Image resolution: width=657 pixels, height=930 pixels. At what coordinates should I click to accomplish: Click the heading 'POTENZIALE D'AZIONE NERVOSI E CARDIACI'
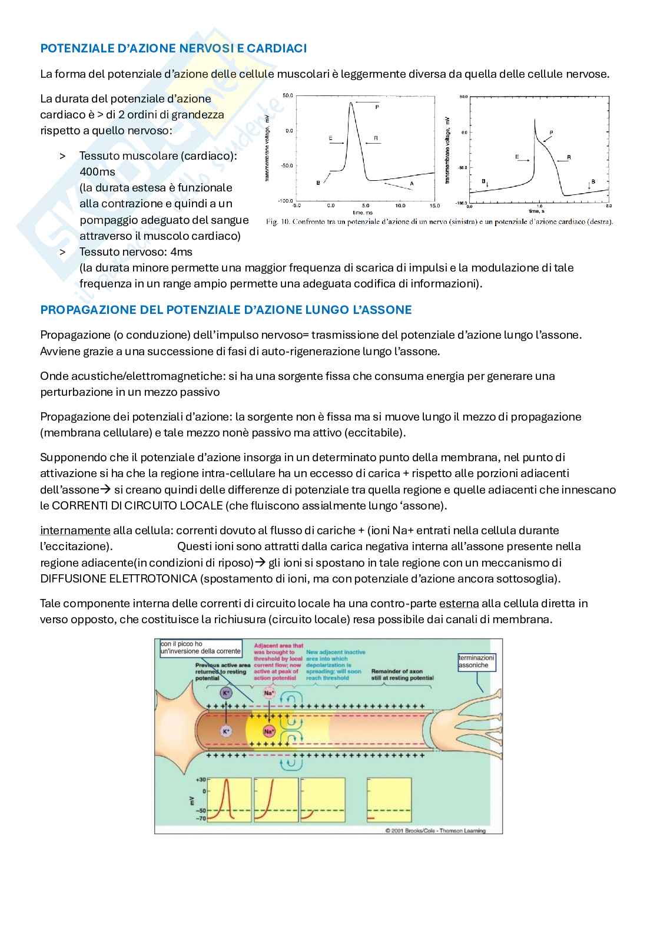[173, 48]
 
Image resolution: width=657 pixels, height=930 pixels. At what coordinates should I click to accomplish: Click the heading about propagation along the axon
[226, 310]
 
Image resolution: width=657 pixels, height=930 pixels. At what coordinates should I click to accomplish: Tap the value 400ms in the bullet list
[97, 172]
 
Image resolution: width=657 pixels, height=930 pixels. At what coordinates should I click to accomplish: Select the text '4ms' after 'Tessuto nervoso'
[181, 252]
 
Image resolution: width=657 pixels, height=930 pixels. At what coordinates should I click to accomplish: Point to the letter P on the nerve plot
[377, 107]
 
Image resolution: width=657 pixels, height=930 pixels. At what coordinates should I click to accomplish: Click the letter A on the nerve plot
[412, 184]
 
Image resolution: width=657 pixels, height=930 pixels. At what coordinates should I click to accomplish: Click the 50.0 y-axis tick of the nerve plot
[287, 95]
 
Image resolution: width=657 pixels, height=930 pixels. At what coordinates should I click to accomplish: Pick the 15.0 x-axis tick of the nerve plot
[434, 206]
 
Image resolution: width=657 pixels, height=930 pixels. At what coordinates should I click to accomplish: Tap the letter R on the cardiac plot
[569, 158]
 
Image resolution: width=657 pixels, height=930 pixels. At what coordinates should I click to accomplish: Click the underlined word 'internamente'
[75, 531]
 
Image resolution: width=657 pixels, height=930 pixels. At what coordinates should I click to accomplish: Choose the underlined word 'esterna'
[459, 604]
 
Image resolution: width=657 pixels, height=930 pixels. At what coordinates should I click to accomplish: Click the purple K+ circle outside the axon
[226, 693]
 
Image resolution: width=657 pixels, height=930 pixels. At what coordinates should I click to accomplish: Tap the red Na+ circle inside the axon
[269, 732]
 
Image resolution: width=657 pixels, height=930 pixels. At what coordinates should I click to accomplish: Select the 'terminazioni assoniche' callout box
[477, 661]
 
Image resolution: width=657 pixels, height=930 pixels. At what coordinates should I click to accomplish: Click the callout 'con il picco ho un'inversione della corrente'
[200, 647]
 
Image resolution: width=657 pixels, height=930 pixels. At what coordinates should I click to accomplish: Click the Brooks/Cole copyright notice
[435, 831]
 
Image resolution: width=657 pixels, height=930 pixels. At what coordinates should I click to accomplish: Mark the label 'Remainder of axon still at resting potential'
[402, 674]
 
